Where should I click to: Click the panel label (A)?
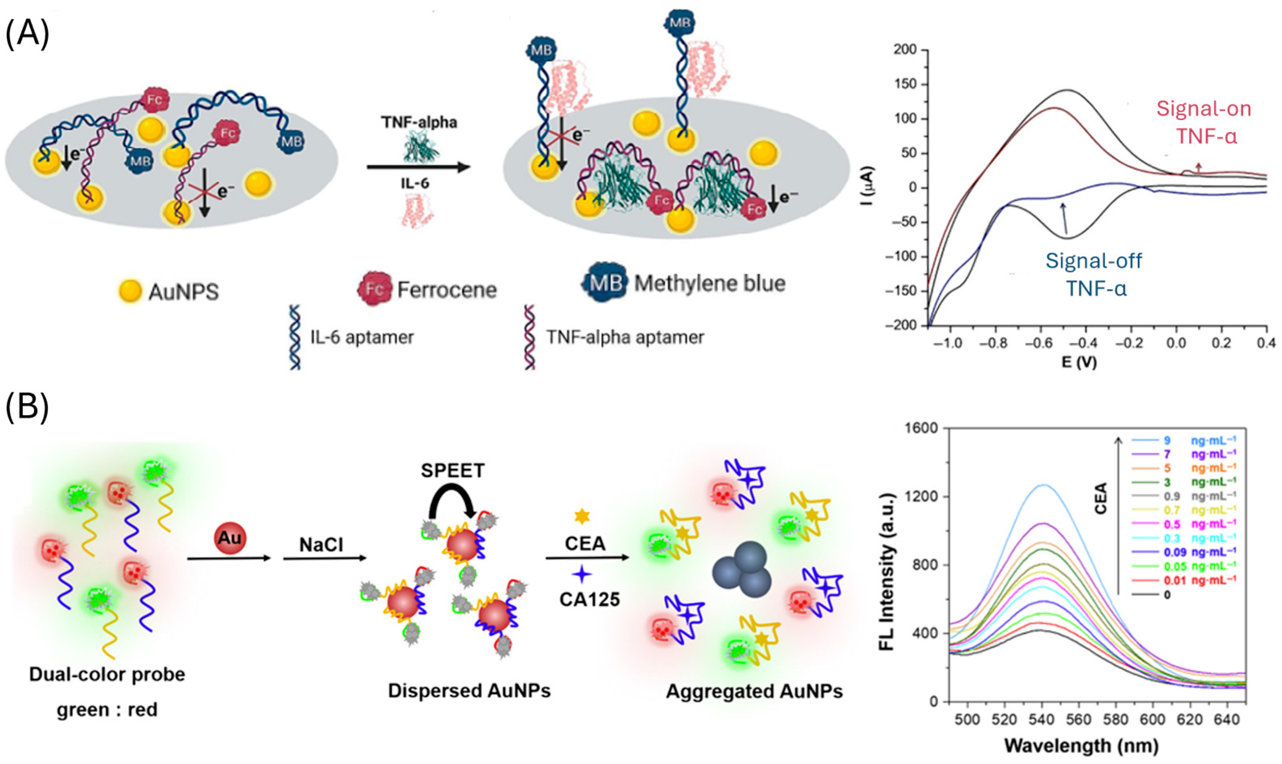(x=27, y=34)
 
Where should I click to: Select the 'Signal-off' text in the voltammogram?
(x=1094, y=261)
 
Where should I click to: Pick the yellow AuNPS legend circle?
(x=130, y=291)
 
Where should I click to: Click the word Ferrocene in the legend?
(x=446, y=290)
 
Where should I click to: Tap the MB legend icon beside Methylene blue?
(x=604, y=283)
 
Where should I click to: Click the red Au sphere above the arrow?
(x=230, y=538)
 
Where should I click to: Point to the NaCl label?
(x=322, y=544)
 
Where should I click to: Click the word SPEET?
(x=453, y=471)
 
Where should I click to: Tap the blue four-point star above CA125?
(x=582, y=574)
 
